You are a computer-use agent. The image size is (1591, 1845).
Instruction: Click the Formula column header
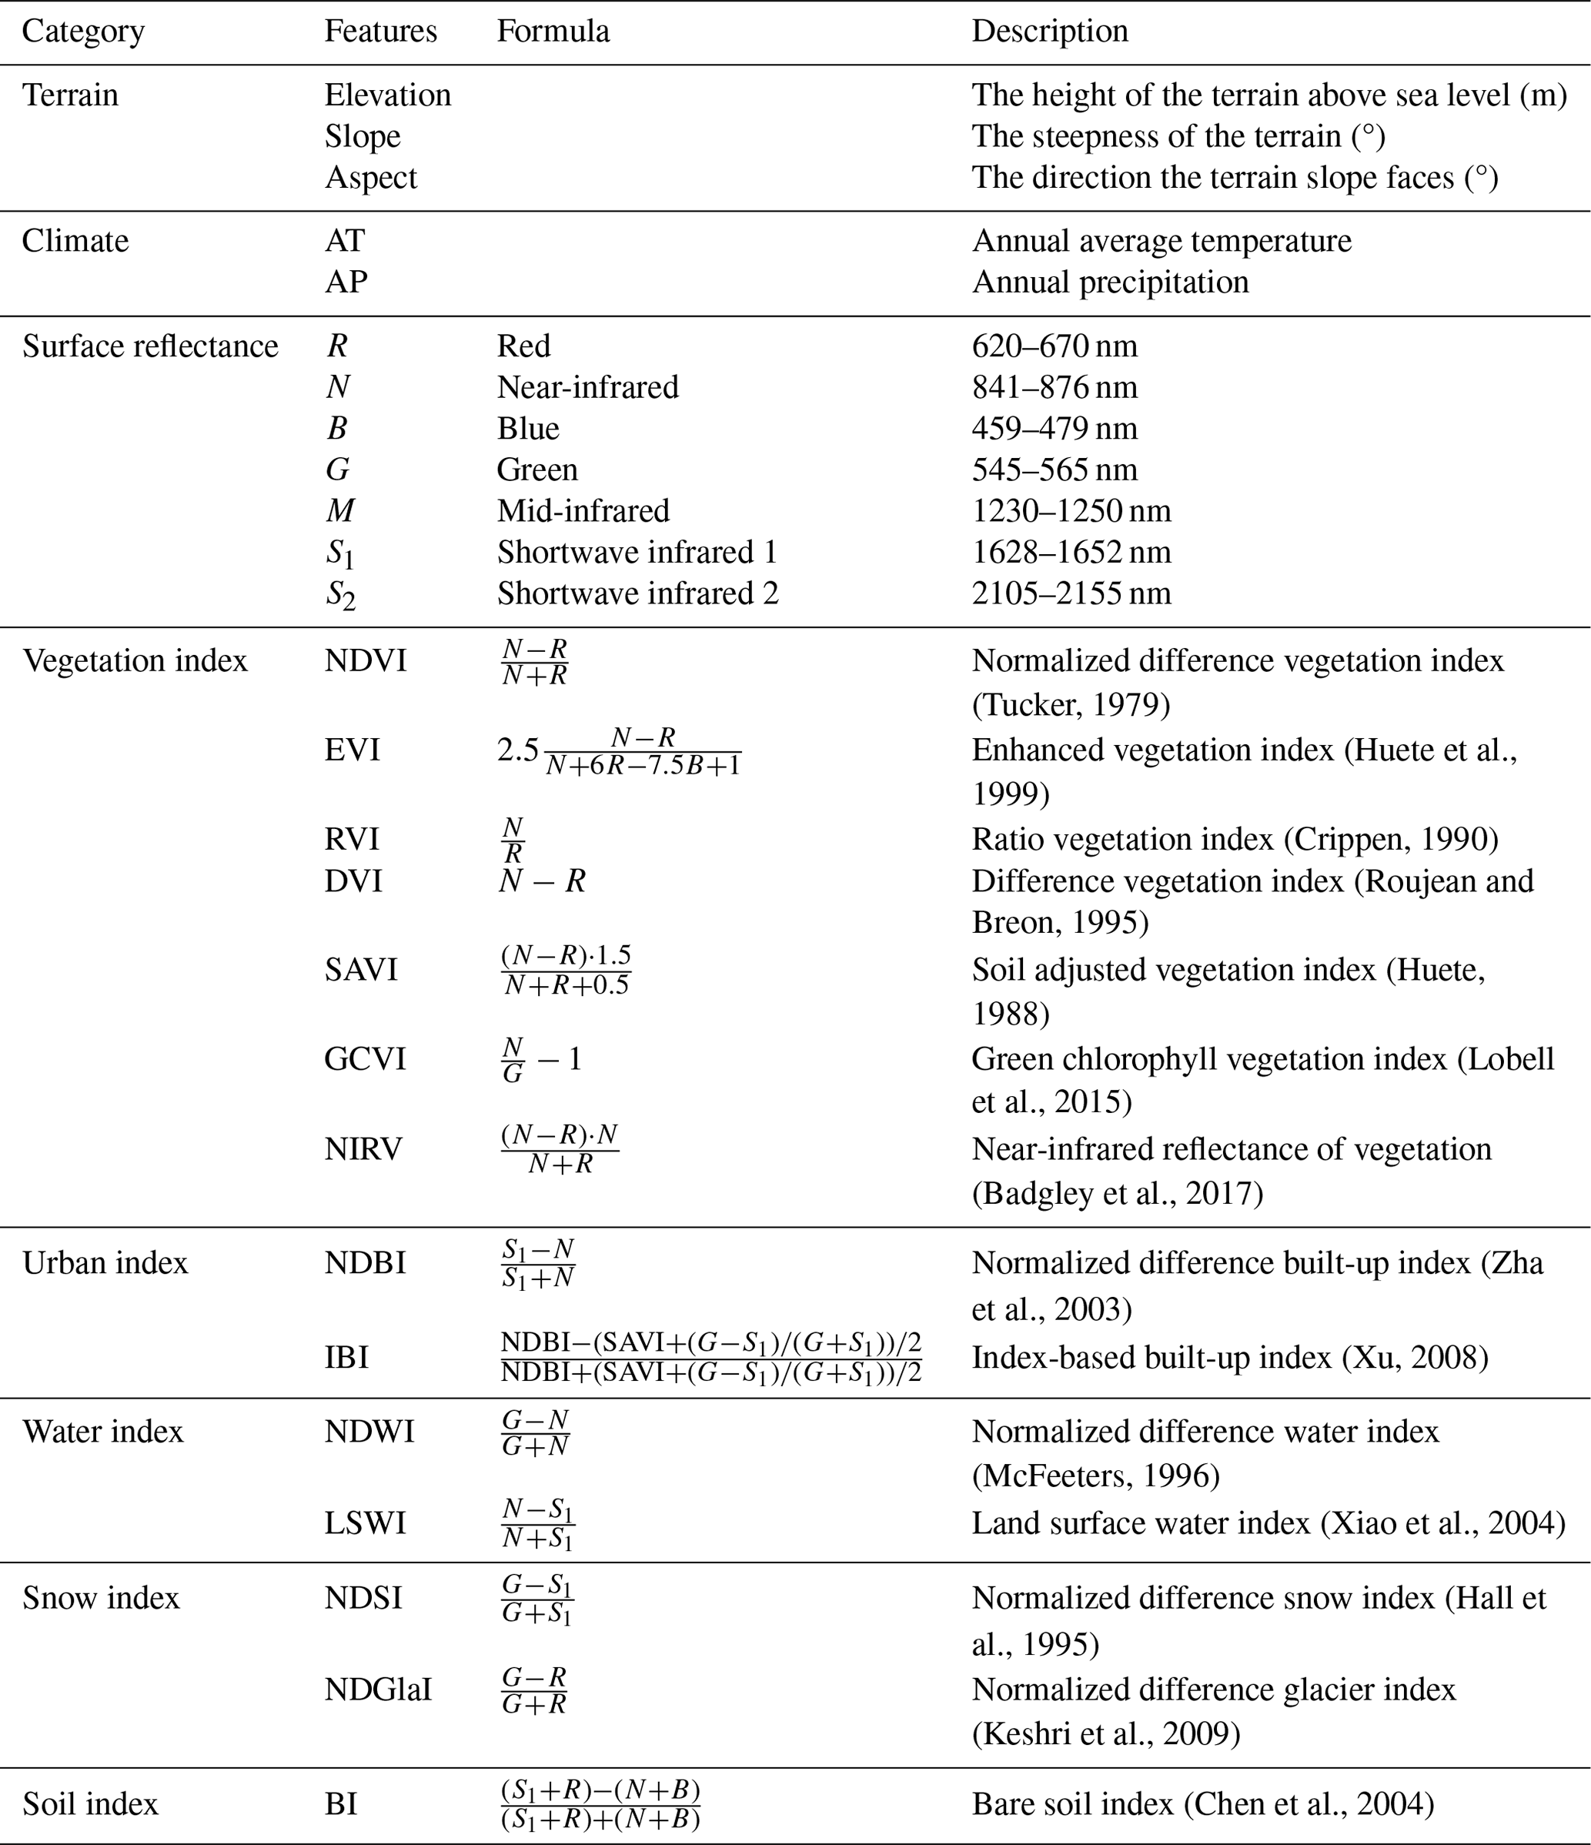(553, 31)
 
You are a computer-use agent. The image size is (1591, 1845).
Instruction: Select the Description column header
(1050, 31)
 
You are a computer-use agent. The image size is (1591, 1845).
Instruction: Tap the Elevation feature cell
(387, 95)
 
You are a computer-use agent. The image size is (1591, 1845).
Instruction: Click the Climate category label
(75, 240)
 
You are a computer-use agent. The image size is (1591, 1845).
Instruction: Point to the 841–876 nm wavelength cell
(1055, 387)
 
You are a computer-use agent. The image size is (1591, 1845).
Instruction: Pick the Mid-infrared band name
(583, 510)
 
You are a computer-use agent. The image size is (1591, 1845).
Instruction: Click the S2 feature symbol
(340, 595)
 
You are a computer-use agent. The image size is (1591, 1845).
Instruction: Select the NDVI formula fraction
(534, 662)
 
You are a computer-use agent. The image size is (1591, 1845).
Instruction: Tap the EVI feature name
(352, 750)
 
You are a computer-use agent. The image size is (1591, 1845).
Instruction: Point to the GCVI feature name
(365, 1058)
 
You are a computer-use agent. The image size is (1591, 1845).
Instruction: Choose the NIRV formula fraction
(559, 1148)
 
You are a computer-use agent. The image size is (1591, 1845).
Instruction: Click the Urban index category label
(105, 1262)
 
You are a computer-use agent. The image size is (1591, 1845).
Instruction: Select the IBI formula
(710, 1357)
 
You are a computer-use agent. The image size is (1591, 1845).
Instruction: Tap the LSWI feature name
(365, 1522)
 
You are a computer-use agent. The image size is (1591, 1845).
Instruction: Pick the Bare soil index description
(1202, 1804)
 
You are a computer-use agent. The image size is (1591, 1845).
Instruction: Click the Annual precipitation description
(1109, 282)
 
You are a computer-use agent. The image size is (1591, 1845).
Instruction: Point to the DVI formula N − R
(541, 881)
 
